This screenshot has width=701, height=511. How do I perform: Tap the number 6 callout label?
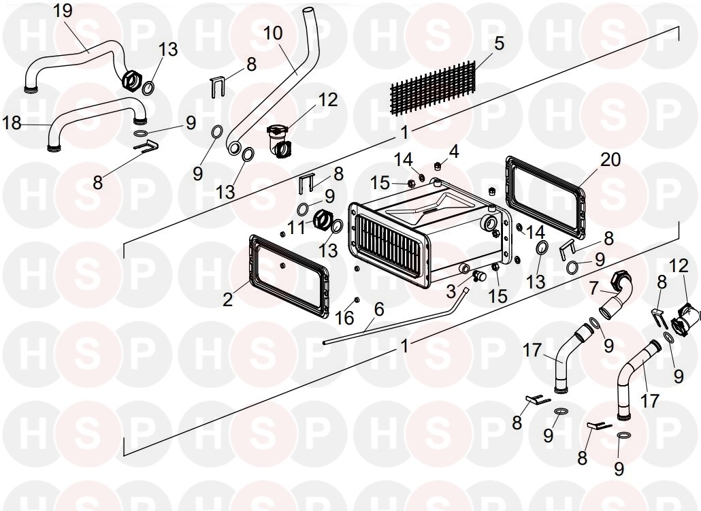378,309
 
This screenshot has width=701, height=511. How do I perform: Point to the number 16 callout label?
345,317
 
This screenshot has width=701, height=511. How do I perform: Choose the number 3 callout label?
451,292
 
